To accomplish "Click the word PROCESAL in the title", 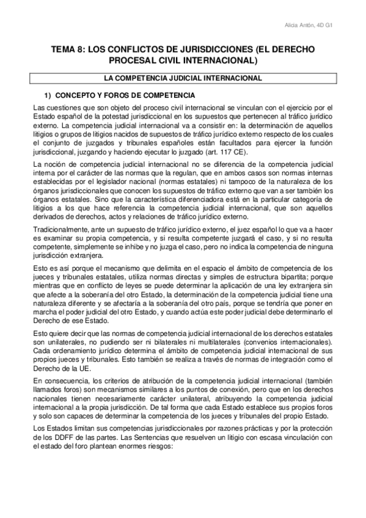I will tap(134, 61).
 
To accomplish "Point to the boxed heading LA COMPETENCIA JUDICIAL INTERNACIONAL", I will tap(183, 78).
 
